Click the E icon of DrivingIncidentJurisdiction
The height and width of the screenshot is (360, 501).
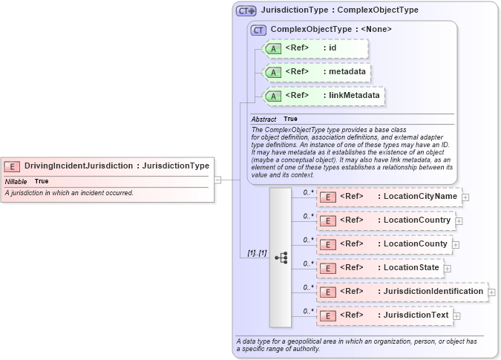[x=12, y=166]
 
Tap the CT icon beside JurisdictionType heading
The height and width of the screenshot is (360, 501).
[x=246, y=11]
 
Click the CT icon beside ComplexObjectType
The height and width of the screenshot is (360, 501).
[x=258, y=30]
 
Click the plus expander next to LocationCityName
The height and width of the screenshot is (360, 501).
[x=465, y=197]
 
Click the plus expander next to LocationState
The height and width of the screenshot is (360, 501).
[x=447, y=269]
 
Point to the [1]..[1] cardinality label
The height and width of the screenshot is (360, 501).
[x=257, y=253]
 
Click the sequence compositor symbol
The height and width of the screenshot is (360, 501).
[x=281, y=258]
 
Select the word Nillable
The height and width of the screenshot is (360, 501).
[x=16, y=182]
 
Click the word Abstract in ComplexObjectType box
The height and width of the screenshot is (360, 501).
[x=263, y=120]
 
